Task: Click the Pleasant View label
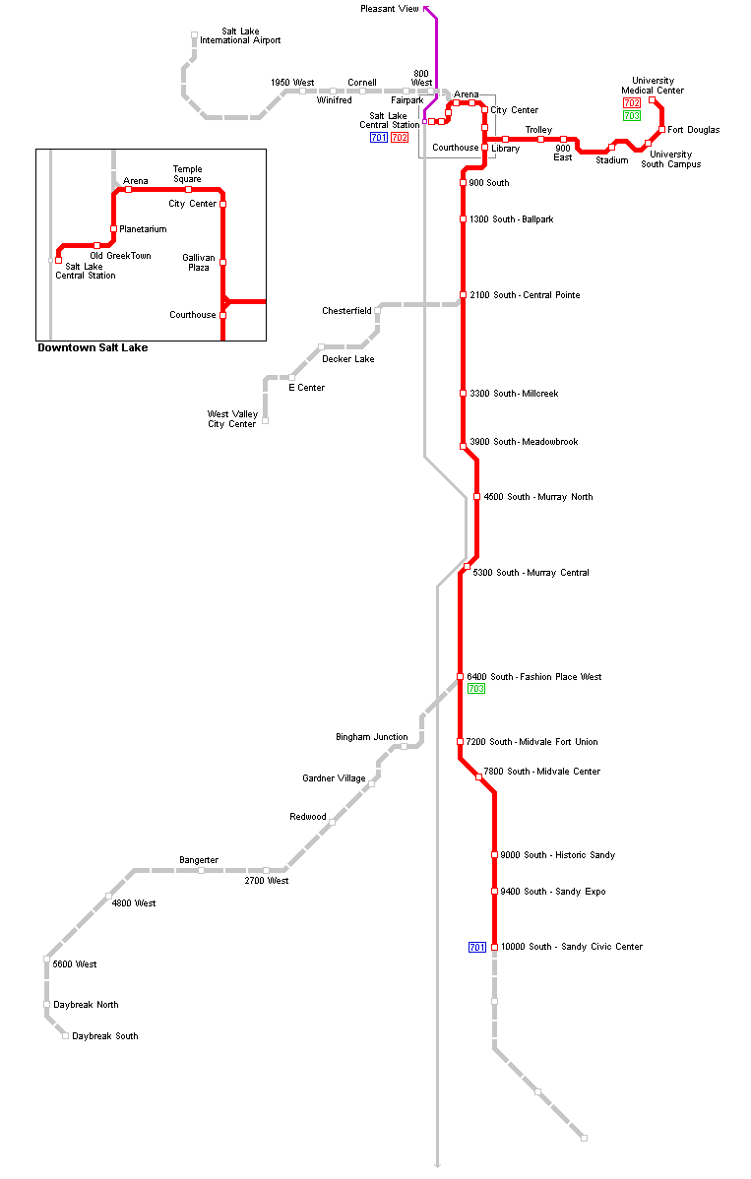click(x=389, y=9)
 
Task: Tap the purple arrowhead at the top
click(x=426, y=8)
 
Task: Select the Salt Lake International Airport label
click(x=240, y=36)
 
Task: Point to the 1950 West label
click(x=292, y=83)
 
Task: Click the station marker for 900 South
click(x=463, y=183)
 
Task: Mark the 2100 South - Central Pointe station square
click(x=463, y=295)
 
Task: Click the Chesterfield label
click(x=346, y=311)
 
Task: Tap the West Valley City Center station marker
click(x=265, y=421)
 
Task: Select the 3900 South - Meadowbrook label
click(x=524, y=442)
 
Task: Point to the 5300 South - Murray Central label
click(x=531, y=573)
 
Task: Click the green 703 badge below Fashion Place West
click(x=476, y=689)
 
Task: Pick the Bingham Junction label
click(x=371, y=737)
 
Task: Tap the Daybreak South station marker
click(x=66, y=1036)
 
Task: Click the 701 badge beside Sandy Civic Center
click(x=477, y=947)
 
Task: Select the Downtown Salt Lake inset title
click(x=93, y=347)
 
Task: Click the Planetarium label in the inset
click(x=143, y=229)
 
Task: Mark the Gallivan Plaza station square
click(x=223, y=262)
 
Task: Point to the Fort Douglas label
click(x=694, y=130)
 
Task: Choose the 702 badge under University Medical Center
click(x=632, y=103)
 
